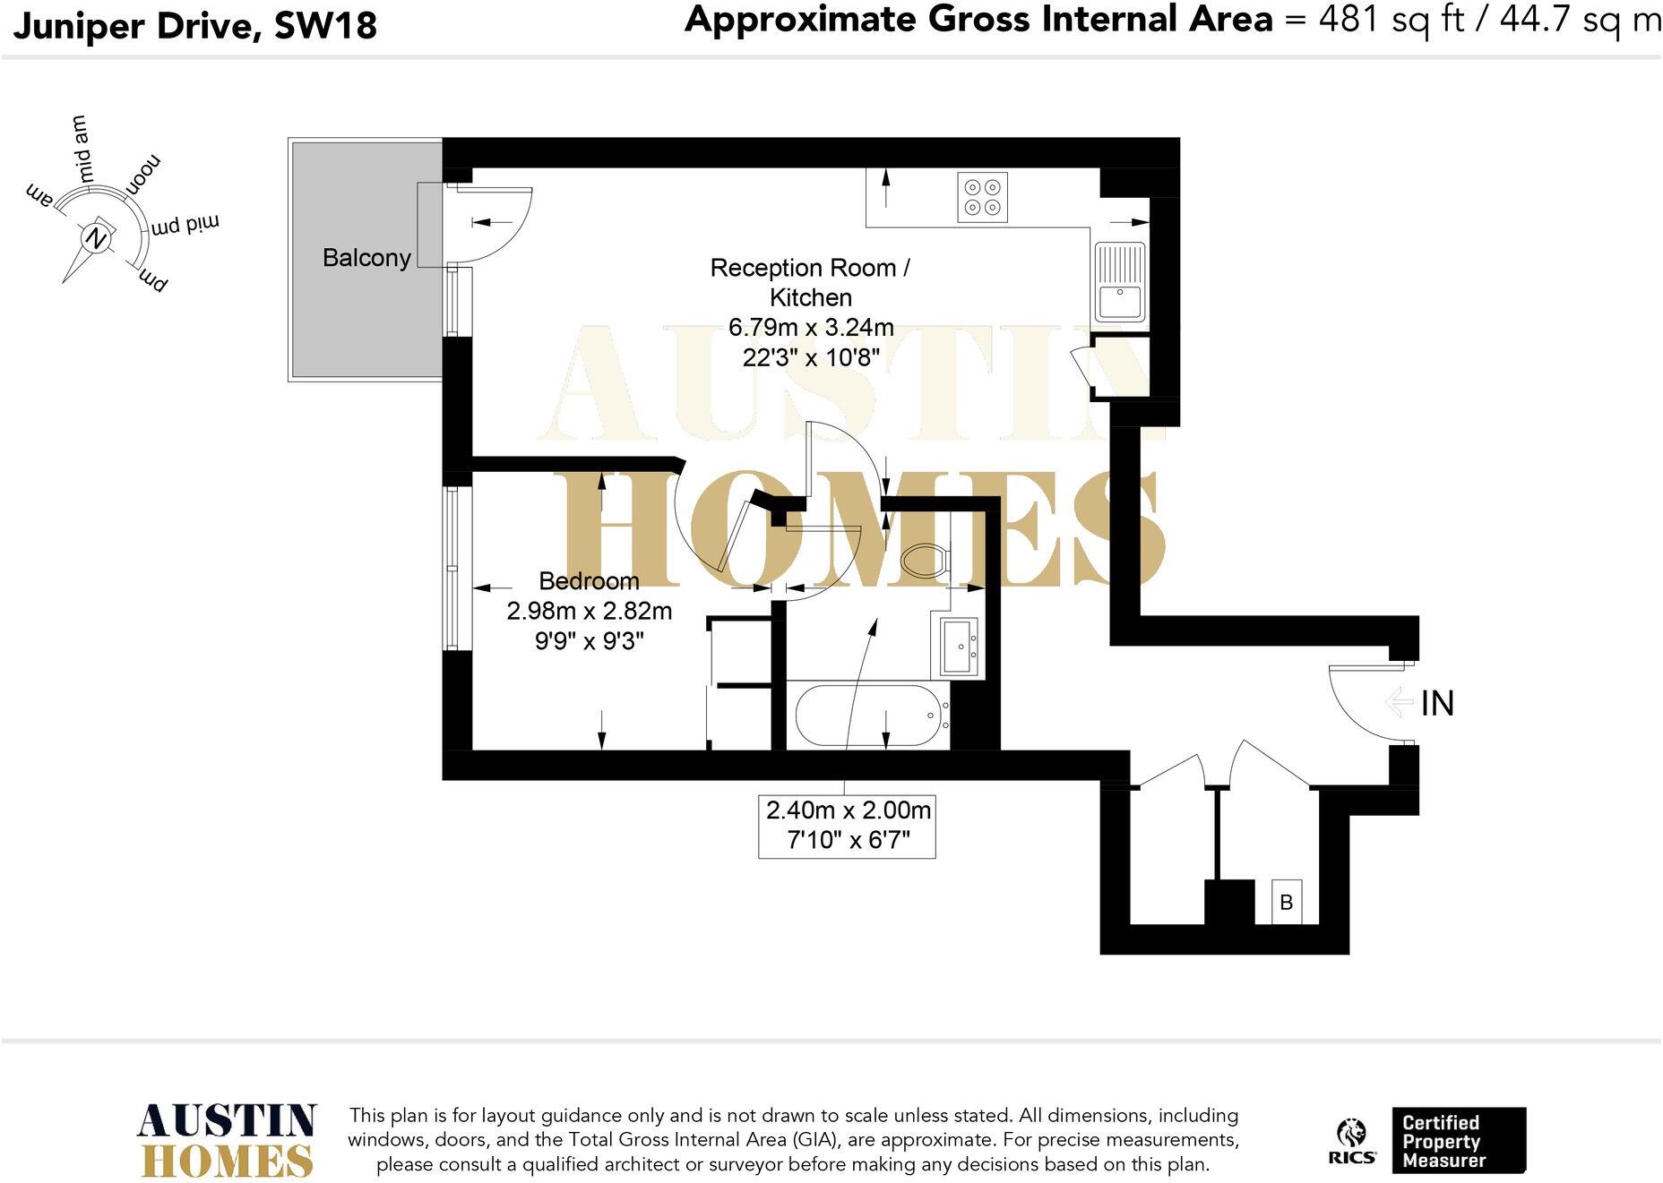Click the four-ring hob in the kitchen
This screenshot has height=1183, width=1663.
(982, 197)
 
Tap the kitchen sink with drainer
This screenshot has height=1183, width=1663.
(1119, 282)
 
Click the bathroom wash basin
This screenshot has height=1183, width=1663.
(959, 646)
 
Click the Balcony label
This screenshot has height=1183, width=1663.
(366, 258)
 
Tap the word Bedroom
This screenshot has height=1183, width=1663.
(589, 581)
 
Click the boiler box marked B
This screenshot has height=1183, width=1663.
(1286, 902)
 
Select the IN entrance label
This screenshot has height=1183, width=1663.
(1437, 704)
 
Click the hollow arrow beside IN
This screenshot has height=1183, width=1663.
(1399, 701)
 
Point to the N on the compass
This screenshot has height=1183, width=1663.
(96, 239)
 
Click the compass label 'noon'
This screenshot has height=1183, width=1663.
(143, 175)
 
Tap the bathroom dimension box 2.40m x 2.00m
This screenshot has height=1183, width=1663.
(847, 826)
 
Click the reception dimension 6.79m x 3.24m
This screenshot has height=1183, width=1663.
(810, 328)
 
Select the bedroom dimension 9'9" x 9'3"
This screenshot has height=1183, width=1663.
(589, 641)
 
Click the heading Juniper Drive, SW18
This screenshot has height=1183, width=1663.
(194, 25)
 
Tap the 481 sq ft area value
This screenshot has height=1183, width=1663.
(1391, 20)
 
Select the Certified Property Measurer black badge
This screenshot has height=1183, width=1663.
(1458, 1140)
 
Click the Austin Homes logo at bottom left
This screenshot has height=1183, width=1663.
(228, 1140)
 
